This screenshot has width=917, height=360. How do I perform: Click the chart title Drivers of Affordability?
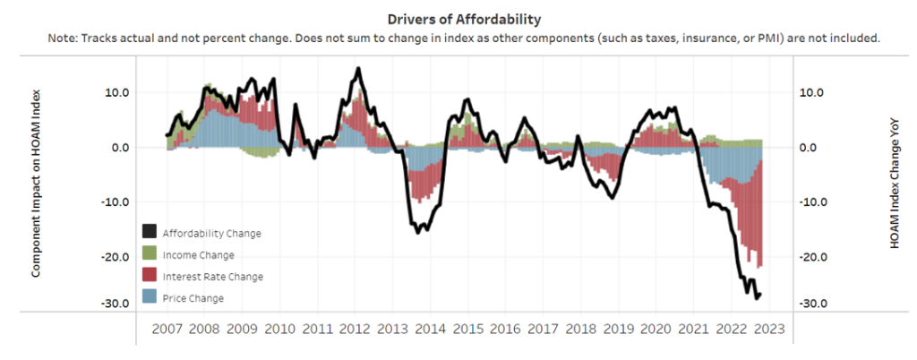click(x=458, y=19)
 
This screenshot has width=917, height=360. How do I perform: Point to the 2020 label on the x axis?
click(x=656, y=329)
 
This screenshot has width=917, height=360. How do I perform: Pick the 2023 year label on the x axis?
click(x=767, y=329)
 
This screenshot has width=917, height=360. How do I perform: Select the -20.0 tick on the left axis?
click(x=116, y=258)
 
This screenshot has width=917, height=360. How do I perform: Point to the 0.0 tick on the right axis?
click(x=810, y=148)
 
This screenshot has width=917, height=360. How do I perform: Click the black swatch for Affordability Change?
click(x=150, y=233)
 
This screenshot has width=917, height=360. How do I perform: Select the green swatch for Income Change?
click(x=150, y=254)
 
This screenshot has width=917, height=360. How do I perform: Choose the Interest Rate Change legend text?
click(x=213, y=277)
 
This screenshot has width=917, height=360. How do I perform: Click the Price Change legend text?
click(x=193, y=298)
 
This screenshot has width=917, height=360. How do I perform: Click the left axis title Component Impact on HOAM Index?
click(x=37, y=184)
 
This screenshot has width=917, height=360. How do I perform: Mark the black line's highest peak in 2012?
click(x=358, y=68)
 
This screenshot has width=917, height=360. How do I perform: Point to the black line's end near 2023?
click(x=760, y=294)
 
